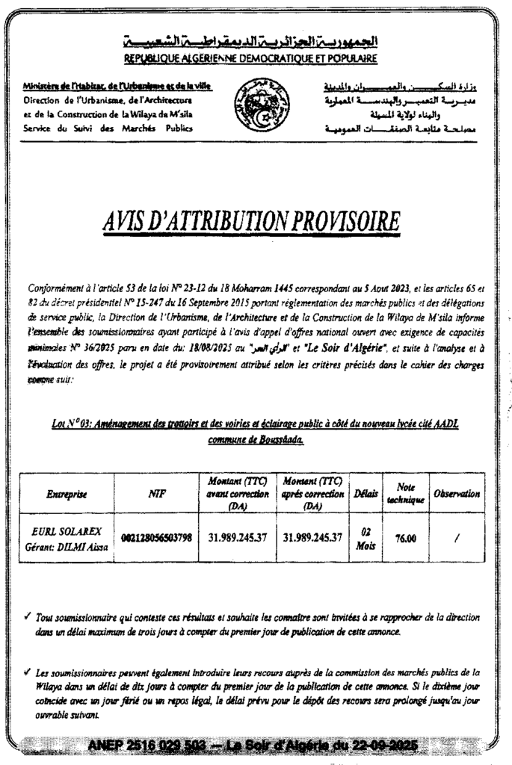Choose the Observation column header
coord(457,494)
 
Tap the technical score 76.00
coord(406,539)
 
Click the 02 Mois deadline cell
coord(366,539)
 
